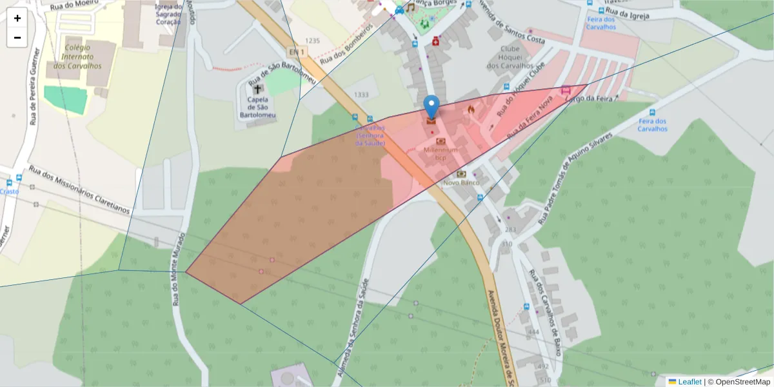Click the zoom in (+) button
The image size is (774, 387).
pyautogui.click(x=17, y=18)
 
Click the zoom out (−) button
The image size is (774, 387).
pyautogui.click(x=17, y=37)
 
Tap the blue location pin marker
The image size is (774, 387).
pyautogui.click(x=432, y=106)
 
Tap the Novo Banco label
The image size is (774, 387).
pyautogui.click(x=461, y=183)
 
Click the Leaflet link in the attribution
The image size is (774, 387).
pyautogui.click(x=690, y=382)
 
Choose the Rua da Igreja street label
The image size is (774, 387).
pyautogui.click(x=627, y=14)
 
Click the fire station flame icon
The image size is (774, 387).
pyautogui.click(x=471, y=110)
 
